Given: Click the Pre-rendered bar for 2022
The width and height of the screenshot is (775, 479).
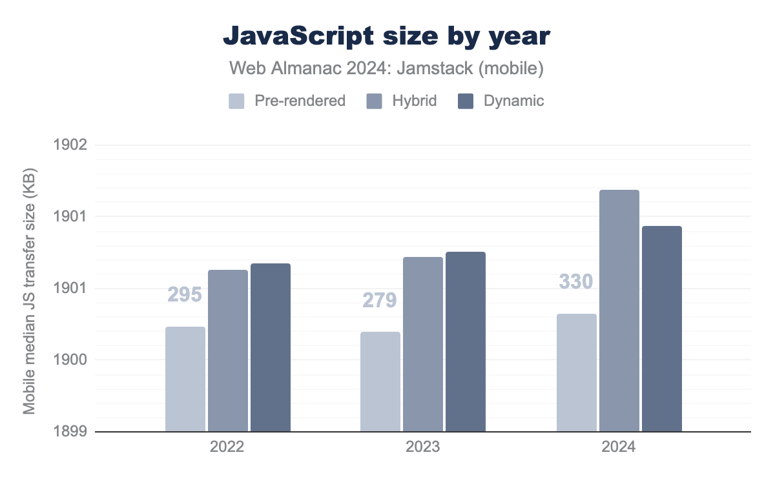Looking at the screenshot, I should coord(185,379).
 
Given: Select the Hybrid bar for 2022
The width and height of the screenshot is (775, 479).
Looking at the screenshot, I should coord(228,351).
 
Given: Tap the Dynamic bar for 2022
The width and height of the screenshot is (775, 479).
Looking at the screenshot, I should coord(271,347).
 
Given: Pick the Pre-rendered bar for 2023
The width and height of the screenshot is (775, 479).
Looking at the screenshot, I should coord(380,382).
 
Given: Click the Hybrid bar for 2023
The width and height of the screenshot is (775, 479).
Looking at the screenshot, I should coord(423,344).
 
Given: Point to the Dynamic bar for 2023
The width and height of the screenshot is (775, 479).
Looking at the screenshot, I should coord(466,341).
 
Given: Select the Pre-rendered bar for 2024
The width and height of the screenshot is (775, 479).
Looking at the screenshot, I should coord(577,372).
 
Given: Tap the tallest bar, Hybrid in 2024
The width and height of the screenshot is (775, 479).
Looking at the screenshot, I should coord(619,311).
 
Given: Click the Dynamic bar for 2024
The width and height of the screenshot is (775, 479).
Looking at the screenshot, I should coord(662,329).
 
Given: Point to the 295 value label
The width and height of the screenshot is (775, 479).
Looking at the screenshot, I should coord(185,295).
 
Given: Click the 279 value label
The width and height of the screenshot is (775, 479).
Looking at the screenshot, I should coord(380,300).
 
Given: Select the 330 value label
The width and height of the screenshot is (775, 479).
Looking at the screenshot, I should coord(576,282).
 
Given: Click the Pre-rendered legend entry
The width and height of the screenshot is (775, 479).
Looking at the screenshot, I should coord(287,101).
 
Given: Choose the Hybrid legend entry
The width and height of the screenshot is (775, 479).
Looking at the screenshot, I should coord(402,101).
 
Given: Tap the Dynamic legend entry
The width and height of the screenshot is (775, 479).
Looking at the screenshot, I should coord(501,101).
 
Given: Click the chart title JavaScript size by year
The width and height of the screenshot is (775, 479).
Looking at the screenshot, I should coord(387,37).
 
